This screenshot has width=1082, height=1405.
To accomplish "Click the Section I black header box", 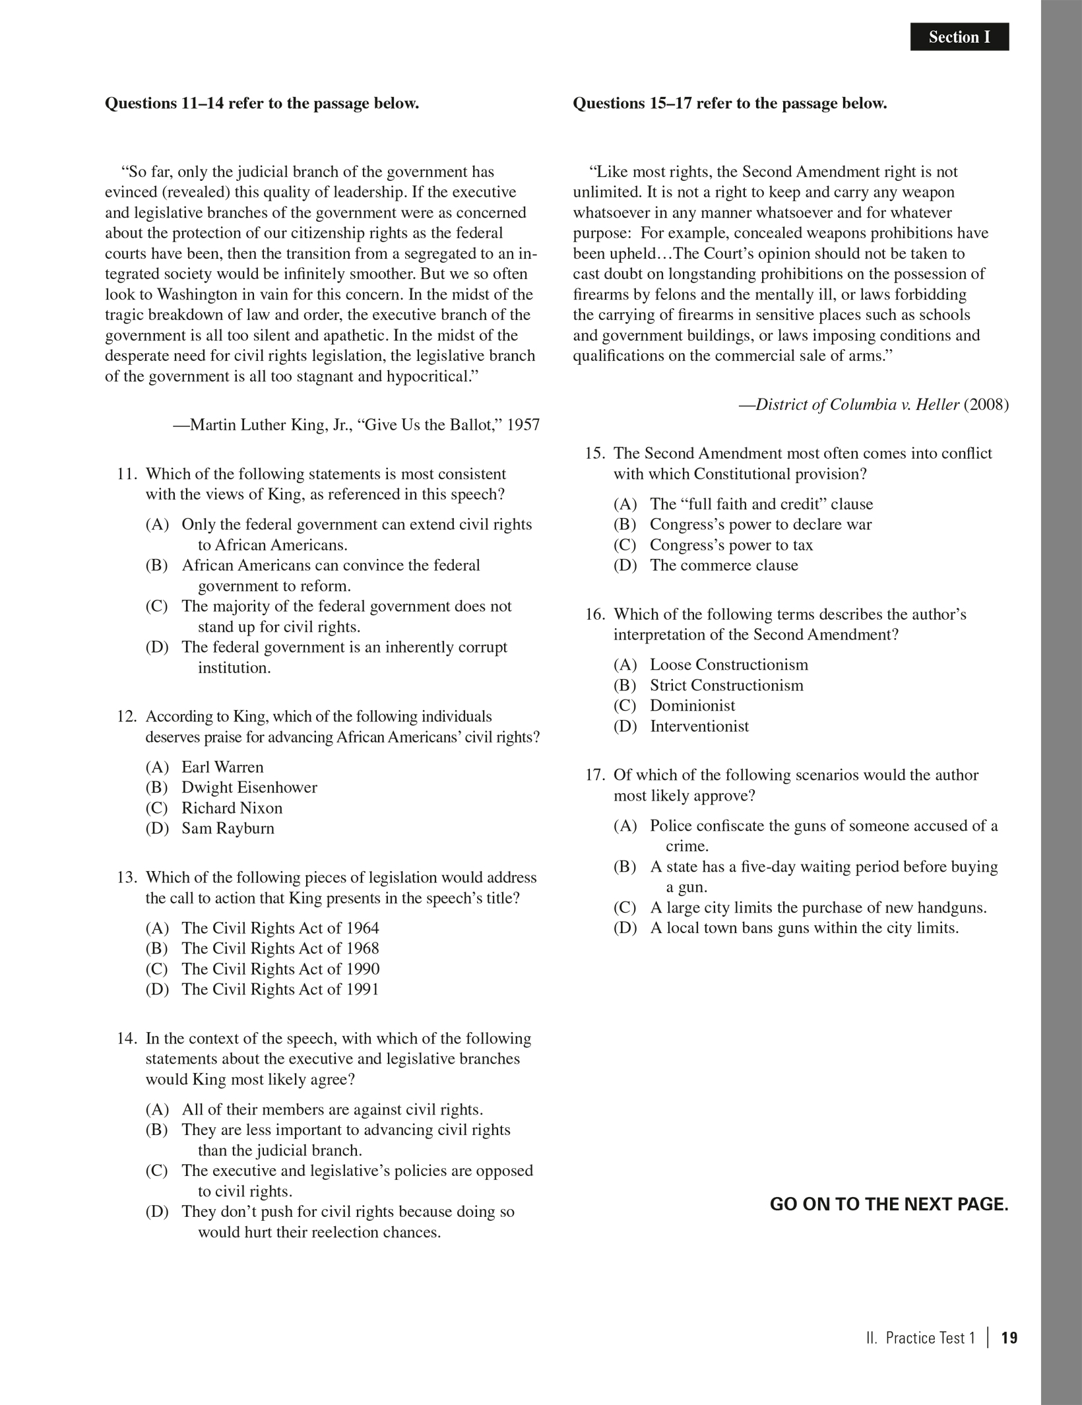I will [x=959, y=37].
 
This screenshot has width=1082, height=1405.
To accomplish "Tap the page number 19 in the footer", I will [x=1009, y=1338].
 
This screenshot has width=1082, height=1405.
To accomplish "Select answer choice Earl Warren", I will [x=222, y=767].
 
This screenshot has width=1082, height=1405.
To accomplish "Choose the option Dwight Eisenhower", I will [x=249, y=787].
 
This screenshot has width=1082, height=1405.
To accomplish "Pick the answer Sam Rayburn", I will [x=228, y=828].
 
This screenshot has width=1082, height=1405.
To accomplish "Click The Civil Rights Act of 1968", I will [x=280, y=948].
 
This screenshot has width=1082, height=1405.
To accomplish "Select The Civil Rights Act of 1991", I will [x=280, y=989].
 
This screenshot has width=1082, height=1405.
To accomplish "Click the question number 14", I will [x=127, y=1039].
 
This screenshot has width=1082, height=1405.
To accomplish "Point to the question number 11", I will [x=127, y=474].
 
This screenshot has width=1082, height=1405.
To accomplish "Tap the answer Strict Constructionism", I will [x=726, y=685].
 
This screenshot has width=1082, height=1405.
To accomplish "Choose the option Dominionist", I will [x=692, y=705].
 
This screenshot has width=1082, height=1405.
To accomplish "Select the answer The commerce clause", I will [x=724, y=566].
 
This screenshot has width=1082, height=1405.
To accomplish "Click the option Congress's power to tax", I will [x=731, y=545].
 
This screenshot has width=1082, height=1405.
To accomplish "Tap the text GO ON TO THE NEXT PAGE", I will [x=889, y=1204].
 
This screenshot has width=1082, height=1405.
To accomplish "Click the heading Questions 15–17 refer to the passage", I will [x=730, y=104].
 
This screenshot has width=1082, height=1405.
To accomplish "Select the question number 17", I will [x=594, y=775].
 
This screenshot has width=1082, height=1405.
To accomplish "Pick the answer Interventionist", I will [x=699, y=727].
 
